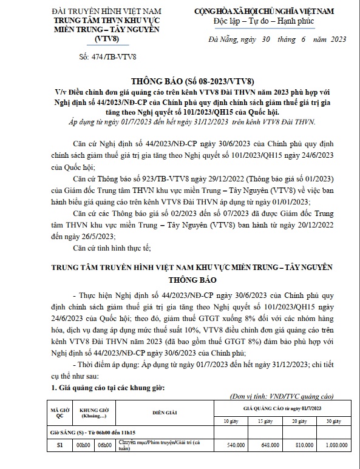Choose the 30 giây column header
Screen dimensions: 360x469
(333, 420)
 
